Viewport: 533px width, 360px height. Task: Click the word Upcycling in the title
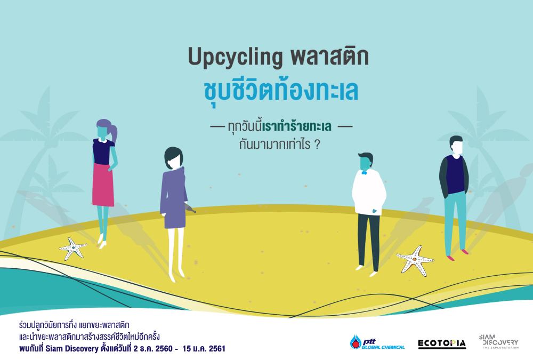click(235, 57)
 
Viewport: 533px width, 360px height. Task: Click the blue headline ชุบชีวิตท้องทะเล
click(281, 91)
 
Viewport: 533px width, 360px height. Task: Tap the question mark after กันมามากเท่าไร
click(317, 145)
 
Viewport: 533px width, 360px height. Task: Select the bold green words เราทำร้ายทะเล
click(297, 126)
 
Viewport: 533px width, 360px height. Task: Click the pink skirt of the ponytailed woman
click(103, 185)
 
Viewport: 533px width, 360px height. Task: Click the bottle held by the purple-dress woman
click(190, 207)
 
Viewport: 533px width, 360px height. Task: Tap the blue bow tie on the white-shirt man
click(364, 173)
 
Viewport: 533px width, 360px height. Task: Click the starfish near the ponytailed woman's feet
click(73, 249)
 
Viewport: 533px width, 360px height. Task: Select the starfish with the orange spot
click(415, 261)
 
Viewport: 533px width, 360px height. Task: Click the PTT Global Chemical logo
click(377, 342)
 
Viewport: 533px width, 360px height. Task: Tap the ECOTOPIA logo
click(442, 343)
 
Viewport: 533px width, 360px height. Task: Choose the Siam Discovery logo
click(499, 341)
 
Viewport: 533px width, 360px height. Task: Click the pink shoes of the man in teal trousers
click(457, 255)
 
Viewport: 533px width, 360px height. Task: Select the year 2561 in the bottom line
click(217, 349)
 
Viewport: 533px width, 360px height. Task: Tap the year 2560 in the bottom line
click(164, 349)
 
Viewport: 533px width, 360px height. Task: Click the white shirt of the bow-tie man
click(369, 192)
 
